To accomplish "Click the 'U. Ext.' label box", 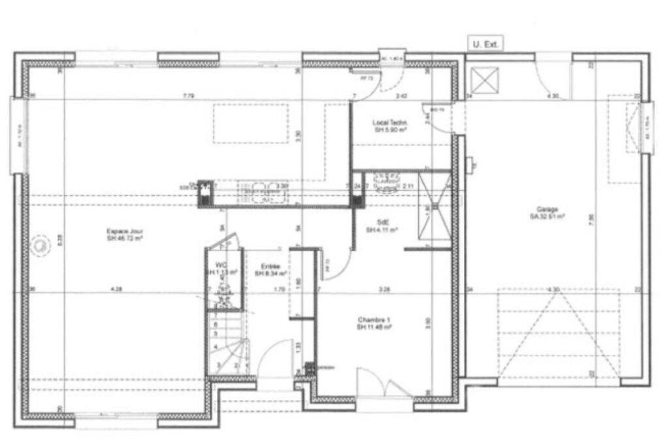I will [x=485, y=44].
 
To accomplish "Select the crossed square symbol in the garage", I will [x=485, y=81].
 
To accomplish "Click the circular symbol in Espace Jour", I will [x=41, y=246].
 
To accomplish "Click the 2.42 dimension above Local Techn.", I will [x=403, y=97].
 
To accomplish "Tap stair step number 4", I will [x=215, y=346].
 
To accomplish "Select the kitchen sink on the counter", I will [x=262, y=190].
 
